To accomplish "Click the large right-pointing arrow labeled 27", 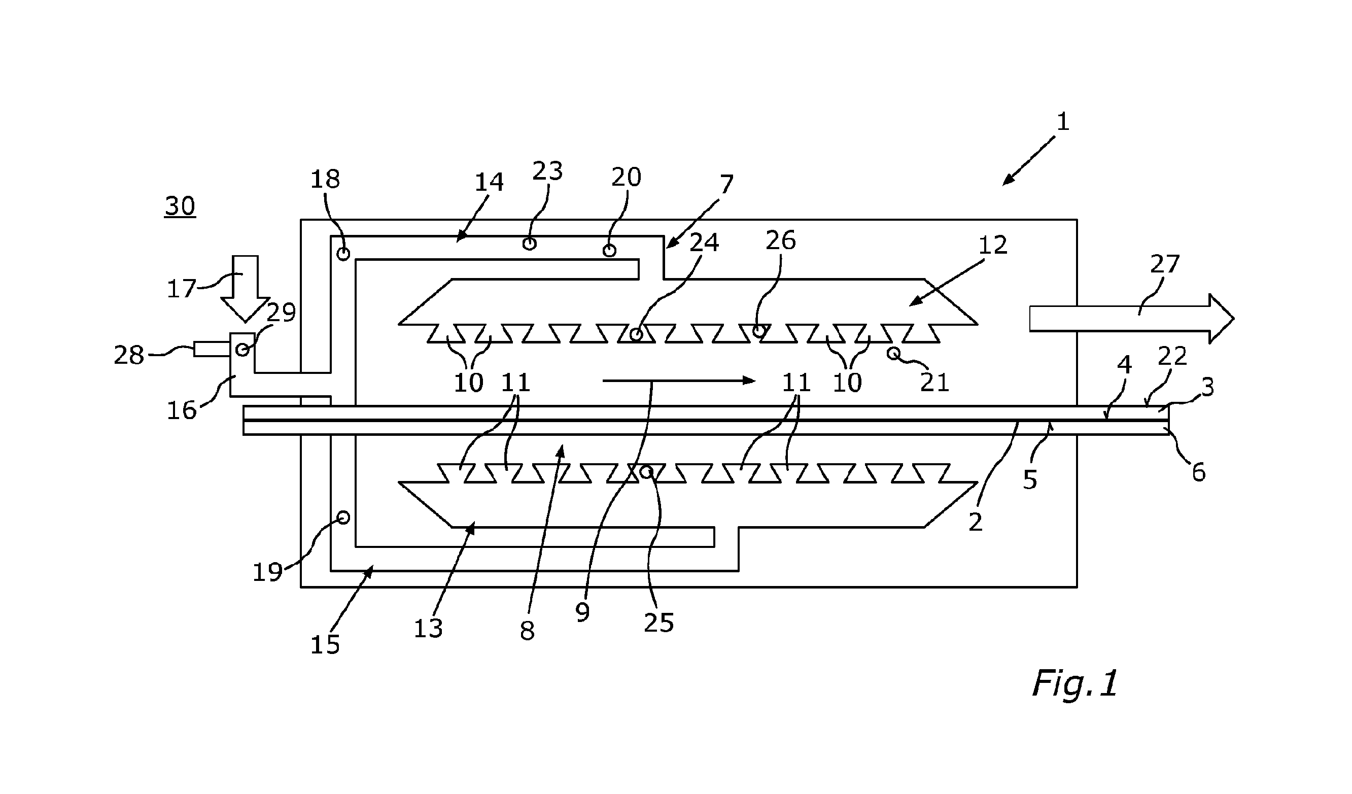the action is point(1131,319).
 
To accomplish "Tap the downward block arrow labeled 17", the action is point(246,289).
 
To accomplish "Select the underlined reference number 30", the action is point(180,206).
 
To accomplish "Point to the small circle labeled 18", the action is point(343,254).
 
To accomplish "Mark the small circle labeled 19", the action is point(343,517).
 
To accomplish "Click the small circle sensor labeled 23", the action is point(530,244).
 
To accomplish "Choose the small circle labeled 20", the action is point(609,250).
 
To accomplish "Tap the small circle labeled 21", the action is point(893,353).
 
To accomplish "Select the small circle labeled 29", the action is point(242,350).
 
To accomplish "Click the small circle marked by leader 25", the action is point(646,472).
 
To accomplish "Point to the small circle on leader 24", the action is point(636,335).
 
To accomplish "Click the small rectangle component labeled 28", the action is point(212,349).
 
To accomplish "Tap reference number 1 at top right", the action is point(1063,122).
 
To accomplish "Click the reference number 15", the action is point(325,645).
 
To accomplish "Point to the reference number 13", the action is point(428,628).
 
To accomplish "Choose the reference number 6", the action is point(1199,473).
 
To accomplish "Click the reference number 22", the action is point(1172,356).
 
